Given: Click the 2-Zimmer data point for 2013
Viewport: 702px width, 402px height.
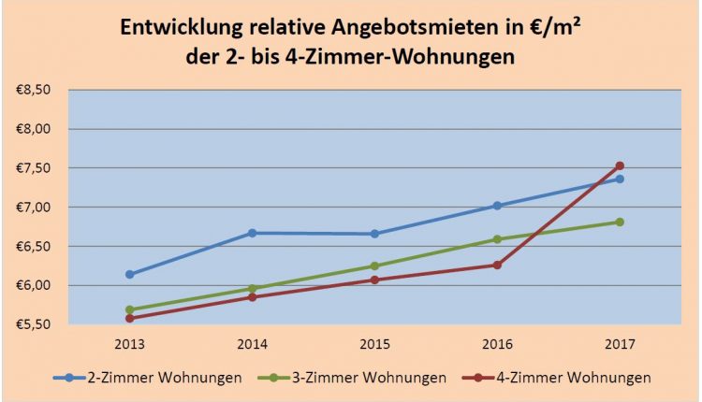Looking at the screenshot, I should pos(129,274).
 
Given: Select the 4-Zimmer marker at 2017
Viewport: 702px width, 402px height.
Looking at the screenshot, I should pos(620,166).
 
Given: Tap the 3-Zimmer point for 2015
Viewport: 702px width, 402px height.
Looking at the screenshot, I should pos(374,266).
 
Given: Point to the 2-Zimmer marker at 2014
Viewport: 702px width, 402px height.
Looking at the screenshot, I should pos(252,233).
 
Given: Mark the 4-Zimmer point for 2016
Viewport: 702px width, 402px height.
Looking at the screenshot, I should pos(497,265).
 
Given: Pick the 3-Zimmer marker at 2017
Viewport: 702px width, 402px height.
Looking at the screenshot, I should pos(620,222).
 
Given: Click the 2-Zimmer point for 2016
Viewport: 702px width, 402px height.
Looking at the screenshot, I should pos(497,206).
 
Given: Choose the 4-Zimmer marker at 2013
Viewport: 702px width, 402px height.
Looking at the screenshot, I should pos(129,318).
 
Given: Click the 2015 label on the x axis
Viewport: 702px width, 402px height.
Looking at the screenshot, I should pos(374,343).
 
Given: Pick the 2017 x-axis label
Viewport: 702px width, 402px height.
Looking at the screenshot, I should pos(620,343).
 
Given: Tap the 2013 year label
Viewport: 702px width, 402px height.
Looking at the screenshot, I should pos(129,343).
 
